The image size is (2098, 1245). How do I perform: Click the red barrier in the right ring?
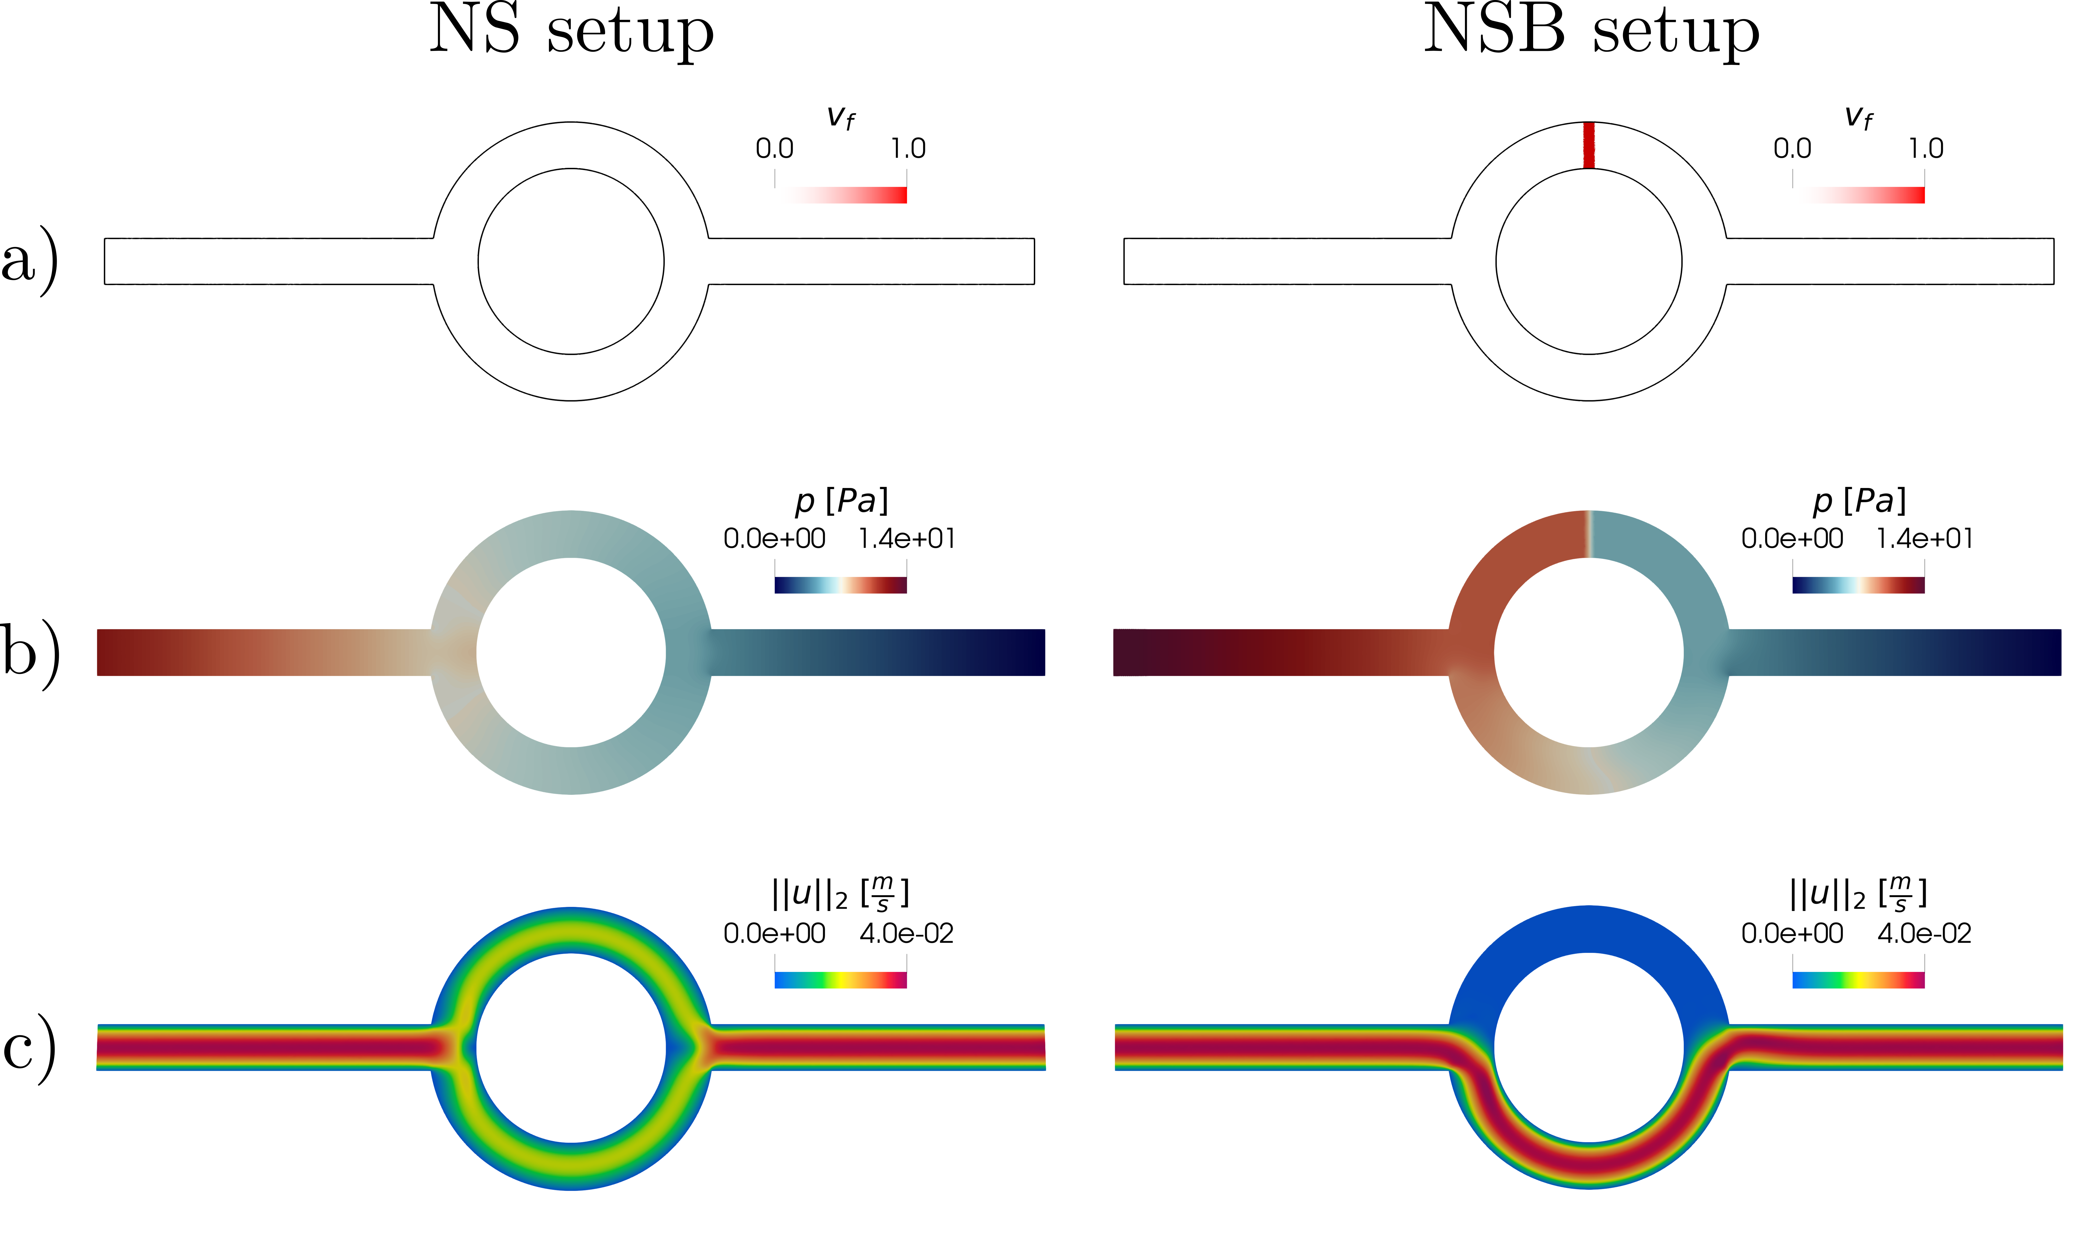click(x=1589, y=145)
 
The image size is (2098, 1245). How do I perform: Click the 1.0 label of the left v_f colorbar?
click(x=908, y=149)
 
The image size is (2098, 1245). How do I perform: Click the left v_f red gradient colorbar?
click(x=841, y=195)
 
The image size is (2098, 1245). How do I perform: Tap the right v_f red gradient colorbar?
click(x=1859, y=195)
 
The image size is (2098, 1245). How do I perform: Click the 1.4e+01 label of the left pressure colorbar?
click(x=907, y=539)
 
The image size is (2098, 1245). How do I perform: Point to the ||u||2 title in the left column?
click(x=841, y=894)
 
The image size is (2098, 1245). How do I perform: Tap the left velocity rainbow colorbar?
click(x=841, y=980)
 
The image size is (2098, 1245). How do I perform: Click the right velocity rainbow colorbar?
click(x=1859, y=980)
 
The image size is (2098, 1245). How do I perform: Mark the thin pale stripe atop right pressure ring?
click(x=1589, y=533)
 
